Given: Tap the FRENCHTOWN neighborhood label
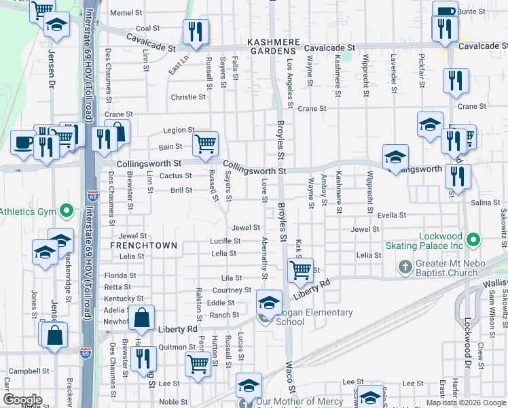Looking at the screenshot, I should [144, 245].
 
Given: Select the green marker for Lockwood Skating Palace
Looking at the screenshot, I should [474, 240].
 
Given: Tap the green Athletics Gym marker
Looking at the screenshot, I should [66, 211].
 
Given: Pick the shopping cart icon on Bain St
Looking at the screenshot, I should [205, 143].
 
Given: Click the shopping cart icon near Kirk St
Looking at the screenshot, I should [300, 270].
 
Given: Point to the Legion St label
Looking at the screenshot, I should [179, 130].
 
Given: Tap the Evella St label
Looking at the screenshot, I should [392, 215].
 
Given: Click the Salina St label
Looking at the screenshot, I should [485, 203].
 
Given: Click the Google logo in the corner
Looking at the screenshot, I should [22, 400].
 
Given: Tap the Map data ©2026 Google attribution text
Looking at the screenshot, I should [465, 403].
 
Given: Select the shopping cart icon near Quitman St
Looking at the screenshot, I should [198, 363].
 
